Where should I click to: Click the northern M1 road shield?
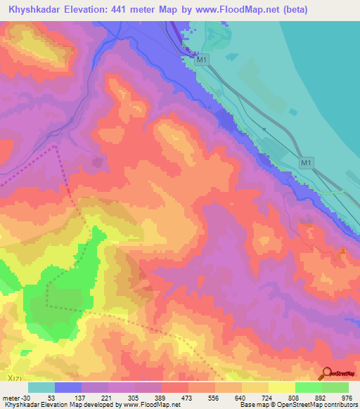(202, 61)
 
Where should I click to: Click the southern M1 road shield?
(306, 163)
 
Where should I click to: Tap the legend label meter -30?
(13, 398)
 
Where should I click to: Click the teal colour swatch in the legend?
(41, 387)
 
